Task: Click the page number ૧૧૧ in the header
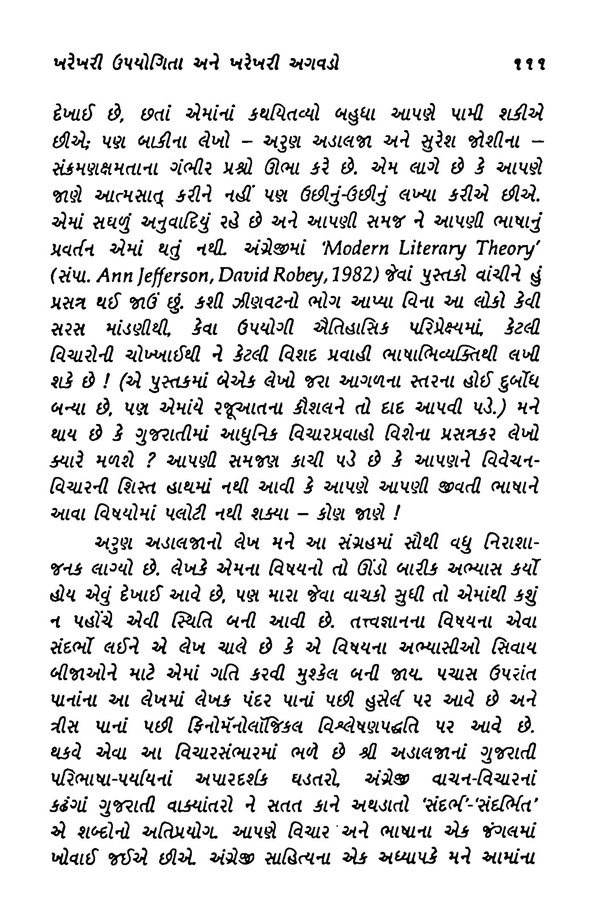point(528,65)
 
